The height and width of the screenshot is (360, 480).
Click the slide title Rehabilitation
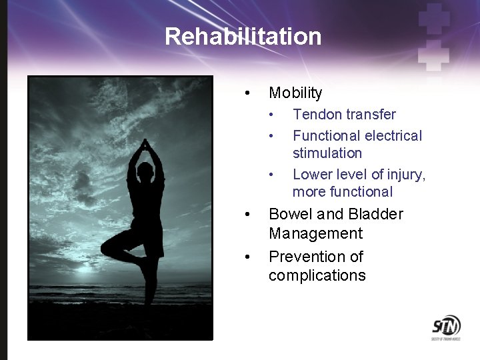coord(243,36)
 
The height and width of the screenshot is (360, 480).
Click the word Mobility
coord(295,93)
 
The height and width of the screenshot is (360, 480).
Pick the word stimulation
coord(327,153)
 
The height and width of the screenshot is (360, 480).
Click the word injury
coord(406,175)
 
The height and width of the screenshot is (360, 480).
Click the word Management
coord(315,233)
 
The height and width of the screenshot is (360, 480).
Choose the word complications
coord(317,276)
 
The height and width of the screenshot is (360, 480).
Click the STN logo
coord(445,327)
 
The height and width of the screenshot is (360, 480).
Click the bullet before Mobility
coord(247,93)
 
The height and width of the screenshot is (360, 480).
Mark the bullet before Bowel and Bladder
coord(247,214)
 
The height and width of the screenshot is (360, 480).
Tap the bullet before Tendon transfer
coord(271,115)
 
